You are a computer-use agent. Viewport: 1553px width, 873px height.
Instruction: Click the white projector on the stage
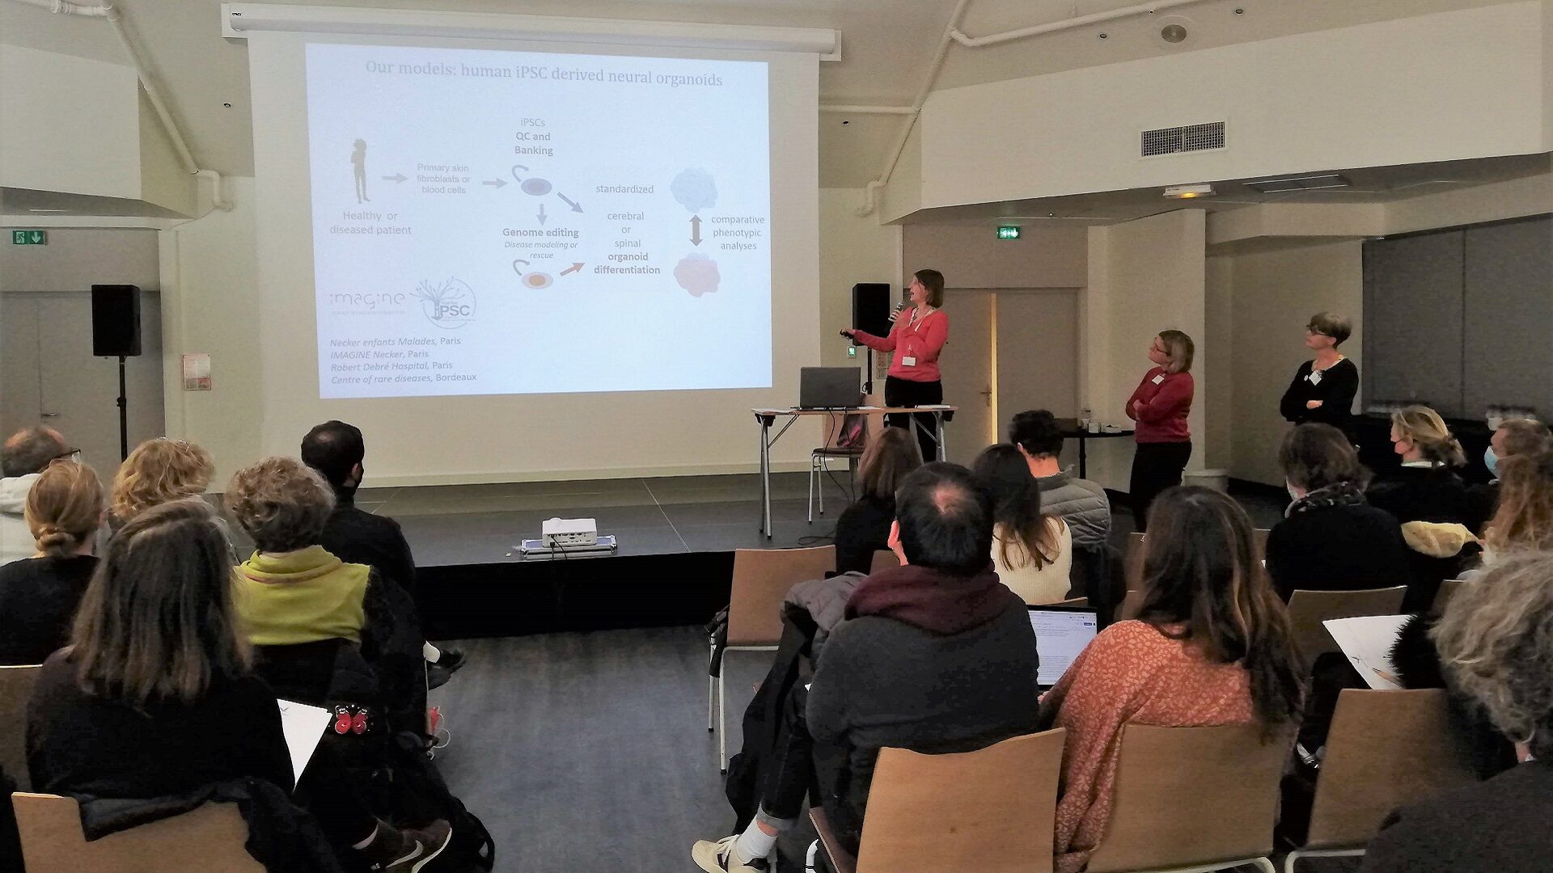tap(569, 531)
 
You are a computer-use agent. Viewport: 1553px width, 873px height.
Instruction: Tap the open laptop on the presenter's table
tap(830, 388)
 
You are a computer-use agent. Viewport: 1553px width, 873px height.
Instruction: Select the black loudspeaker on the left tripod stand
tap(116, 320)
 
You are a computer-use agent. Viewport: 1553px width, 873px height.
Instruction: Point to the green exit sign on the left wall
tap(29, 237)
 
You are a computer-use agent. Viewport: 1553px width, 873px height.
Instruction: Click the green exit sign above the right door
tap(1008, 233)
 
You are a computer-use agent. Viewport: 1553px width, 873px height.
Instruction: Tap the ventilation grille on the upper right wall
tap(1182, 139)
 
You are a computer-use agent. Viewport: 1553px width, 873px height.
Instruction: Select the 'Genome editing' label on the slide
tap(540, 233)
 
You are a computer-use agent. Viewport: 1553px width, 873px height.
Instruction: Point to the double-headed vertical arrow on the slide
tap(696, 230)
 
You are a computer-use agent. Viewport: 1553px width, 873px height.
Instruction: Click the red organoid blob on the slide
tap(696, 274)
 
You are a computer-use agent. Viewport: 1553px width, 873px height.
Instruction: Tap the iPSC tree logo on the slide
tap(444, 302)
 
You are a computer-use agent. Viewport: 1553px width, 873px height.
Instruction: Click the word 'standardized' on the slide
tap(624, 189)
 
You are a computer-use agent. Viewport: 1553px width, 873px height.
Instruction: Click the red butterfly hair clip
tap(351, 719)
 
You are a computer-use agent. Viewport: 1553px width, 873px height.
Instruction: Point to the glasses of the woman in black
tap(1318, 331)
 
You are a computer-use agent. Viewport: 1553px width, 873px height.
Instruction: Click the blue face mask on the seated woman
tap(1491, 461)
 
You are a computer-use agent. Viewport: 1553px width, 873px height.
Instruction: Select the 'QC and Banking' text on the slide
tap(534, 143)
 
